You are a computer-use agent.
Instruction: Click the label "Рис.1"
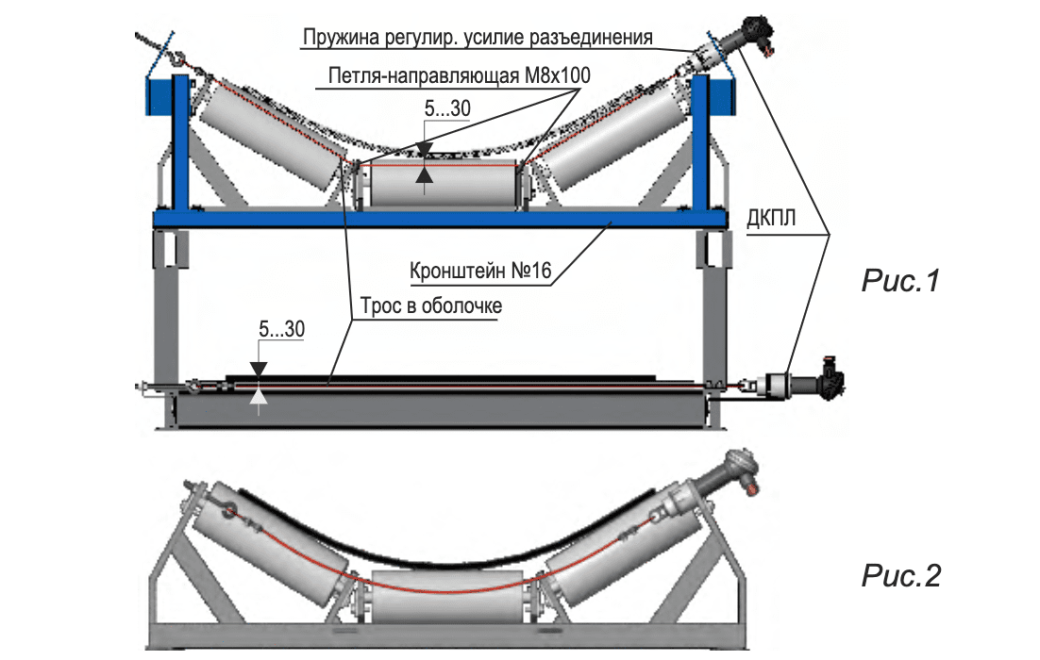tap(901, 280)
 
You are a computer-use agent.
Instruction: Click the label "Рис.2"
tap(901, 574)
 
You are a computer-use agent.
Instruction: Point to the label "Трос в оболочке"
tap(429, 306)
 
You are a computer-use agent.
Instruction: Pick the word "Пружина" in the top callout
tap(335, 39)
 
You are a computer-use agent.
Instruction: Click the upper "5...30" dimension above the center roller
tap(446, 109)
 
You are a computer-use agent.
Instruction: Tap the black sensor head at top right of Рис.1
tap(754, 31)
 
